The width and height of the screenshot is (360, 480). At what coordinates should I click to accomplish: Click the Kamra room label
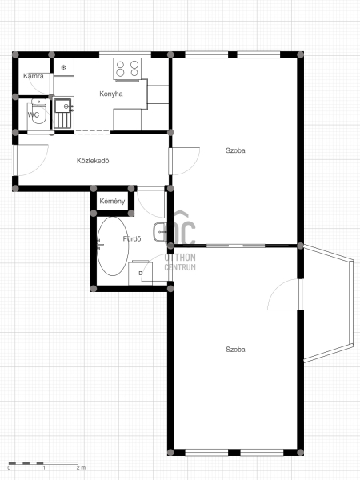[34, 76]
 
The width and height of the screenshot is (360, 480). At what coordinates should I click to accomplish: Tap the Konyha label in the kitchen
[111, 94]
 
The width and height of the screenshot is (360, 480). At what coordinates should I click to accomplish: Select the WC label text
[34, 114]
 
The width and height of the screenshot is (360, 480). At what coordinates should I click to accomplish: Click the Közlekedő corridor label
[93, 161]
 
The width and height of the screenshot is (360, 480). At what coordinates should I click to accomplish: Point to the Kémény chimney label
[112, 201]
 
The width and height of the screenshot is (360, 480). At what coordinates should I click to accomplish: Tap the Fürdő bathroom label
[132, 238]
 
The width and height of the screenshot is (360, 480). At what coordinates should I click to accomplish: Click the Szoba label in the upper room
[235, 150]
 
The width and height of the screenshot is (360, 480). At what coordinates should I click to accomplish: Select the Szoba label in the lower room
[235, 350]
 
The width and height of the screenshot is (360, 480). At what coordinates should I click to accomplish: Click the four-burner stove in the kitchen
[127, 69]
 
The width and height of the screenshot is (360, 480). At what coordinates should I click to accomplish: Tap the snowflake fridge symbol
[64, 67]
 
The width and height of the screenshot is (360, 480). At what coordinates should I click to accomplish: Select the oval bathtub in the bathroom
[113, 246]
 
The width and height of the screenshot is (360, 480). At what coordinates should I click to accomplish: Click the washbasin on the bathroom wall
[160, 232]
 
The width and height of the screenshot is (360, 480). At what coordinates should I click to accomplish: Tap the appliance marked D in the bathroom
[140, 273]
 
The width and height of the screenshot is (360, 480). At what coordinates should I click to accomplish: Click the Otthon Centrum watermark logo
[180, 241]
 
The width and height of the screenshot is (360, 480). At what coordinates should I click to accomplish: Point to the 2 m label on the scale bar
[81, 468]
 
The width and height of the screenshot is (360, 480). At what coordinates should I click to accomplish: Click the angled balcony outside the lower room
[329, 303]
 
